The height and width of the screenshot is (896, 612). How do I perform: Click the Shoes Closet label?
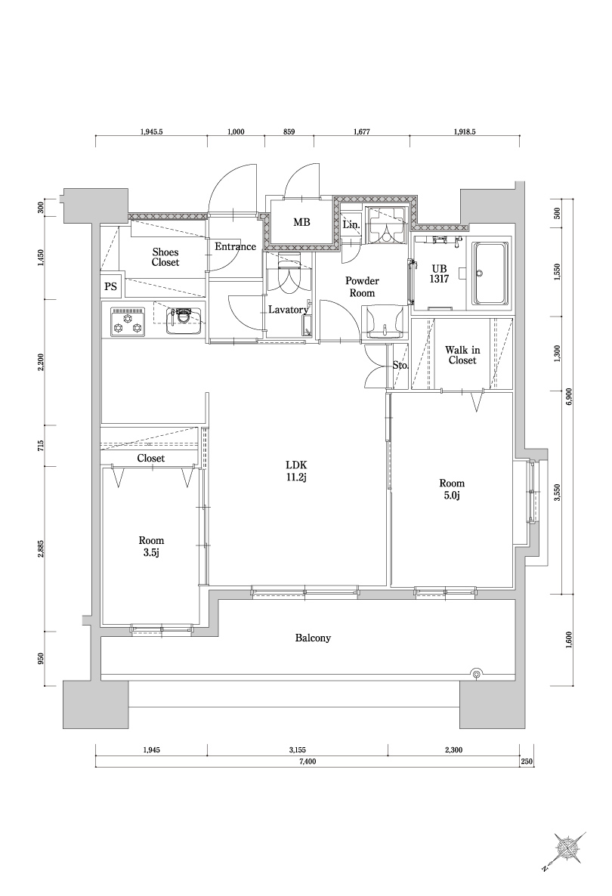[x=165, y=257]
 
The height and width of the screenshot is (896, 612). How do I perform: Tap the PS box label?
[x=110, y=288]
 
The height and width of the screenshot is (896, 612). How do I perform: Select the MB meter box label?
[x=301, y=222]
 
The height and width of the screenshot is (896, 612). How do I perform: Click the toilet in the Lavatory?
[x=288, y=276]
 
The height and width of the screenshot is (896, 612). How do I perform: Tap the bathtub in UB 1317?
[x=490, y=273]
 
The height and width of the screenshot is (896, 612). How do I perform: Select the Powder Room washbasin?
[x=385, y=323]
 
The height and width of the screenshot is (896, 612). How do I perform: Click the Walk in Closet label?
[x=462, y=355]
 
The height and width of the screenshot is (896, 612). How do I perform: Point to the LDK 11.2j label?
[x=295, y=470]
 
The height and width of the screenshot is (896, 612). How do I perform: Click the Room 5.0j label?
[x=452, y=489]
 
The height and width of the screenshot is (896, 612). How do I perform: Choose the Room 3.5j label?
[x=151, y=546]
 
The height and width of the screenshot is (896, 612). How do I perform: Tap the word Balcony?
[x=313, y=638]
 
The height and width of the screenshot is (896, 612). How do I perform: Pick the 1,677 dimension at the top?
[x=361, y=131]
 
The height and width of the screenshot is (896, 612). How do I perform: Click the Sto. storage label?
[x=400, y=365]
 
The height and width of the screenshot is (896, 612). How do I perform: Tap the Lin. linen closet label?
[x=351, y=224]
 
